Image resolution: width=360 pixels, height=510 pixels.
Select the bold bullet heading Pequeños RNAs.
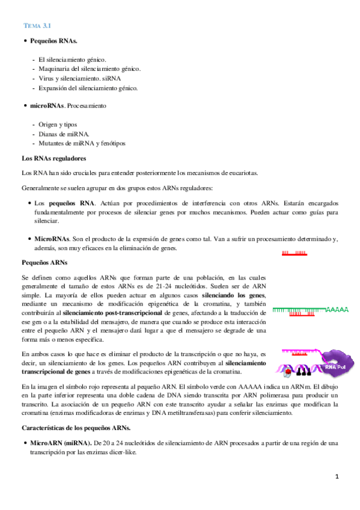pyautogui.click(x=53, y=40)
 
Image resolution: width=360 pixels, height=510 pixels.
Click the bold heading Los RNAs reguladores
pyautogui.click(x=53, y=158)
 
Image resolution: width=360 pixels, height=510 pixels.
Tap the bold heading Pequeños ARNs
pyautogui.click(x=44, y=263)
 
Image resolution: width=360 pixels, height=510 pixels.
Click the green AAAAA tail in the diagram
pyautogui.click(x=337, y=310)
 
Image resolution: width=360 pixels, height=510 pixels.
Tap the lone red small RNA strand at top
pyautogui.click(x=294, y=253)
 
